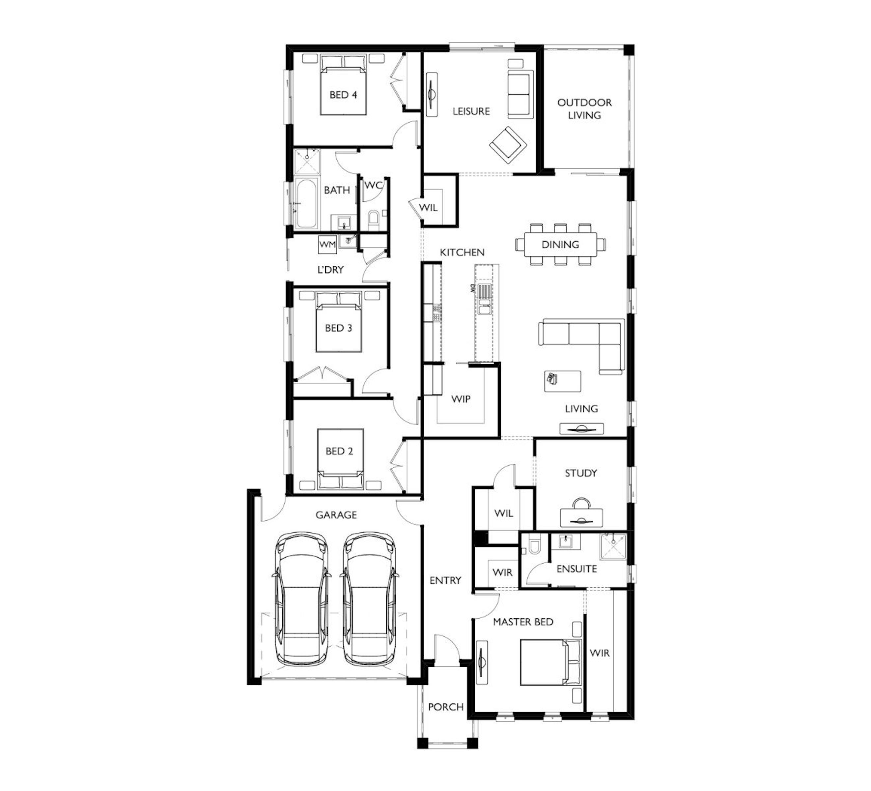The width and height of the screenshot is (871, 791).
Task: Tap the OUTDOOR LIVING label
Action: [x=584, y=109]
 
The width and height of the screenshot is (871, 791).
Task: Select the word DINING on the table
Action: [x=560, y=245]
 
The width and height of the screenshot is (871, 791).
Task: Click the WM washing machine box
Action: [x=327, y=245]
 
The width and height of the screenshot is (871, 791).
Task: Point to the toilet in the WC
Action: [x=373, y=220]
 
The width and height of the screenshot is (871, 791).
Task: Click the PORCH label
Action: [x=446, y=707]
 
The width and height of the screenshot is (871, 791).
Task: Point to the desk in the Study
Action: [x=581, y=517]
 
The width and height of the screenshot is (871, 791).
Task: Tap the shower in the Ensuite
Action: [x=613, y=547]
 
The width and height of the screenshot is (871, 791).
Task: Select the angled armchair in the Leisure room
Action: [x=508, y=145]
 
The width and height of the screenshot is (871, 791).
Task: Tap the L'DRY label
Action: [x=330, y=270]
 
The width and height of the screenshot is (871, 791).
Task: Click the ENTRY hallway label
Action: [x=445, y=580]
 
